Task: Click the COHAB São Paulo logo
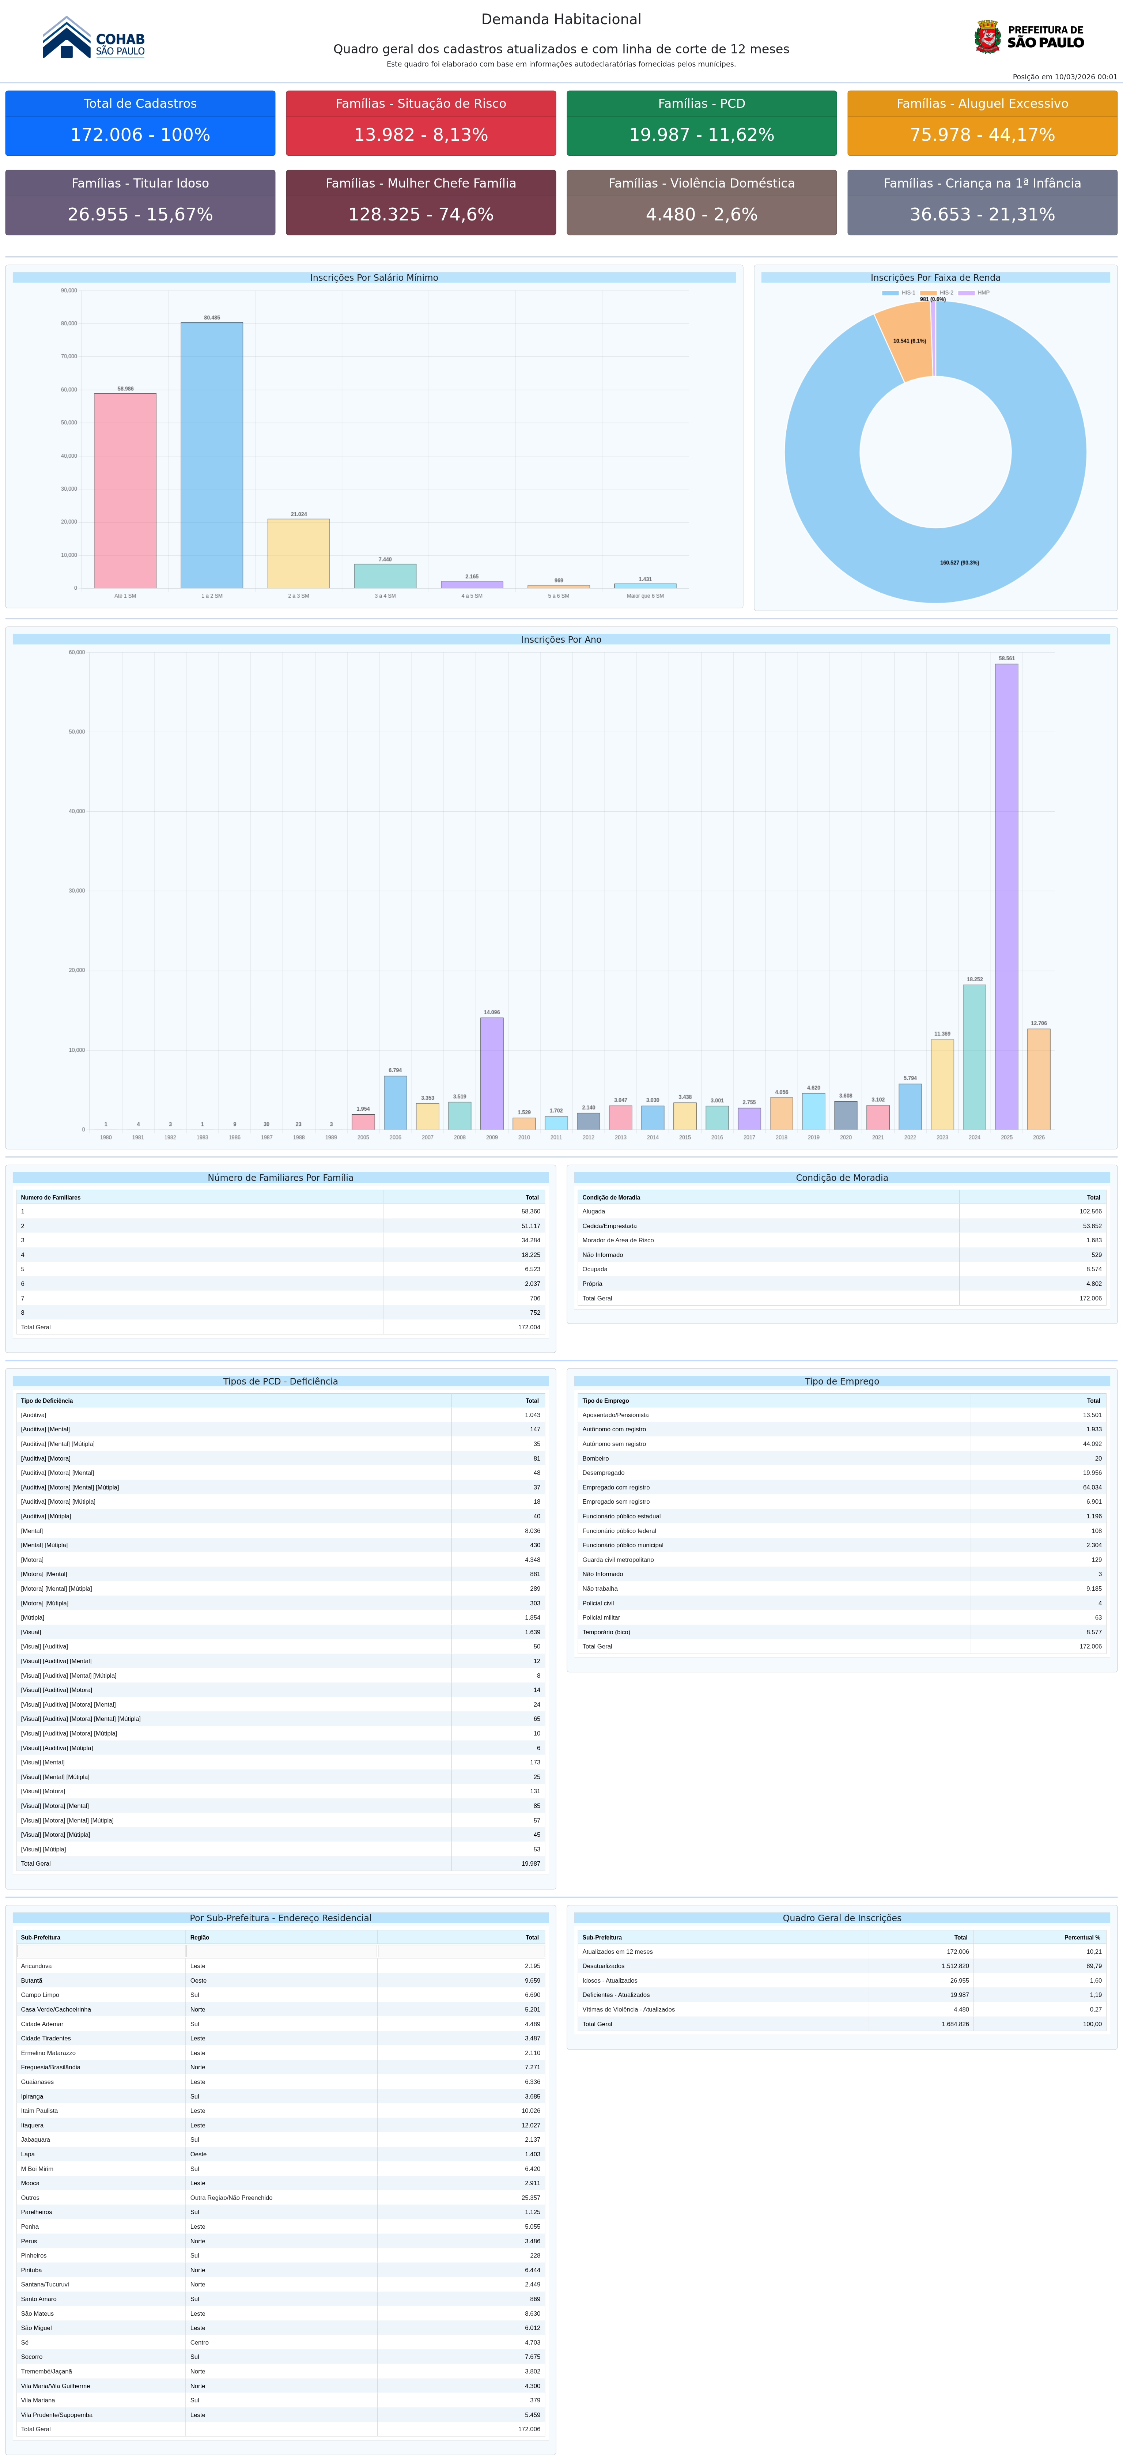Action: (94, 39)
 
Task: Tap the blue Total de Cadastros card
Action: (140, 123)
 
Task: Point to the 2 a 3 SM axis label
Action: (298, 596)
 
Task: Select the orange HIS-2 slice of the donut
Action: (905, 341)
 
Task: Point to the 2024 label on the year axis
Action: (974, 1137)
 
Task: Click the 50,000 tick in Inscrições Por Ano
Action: (76, 732)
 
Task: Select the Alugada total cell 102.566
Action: (1090, 1211)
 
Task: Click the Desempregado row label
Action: (604, 1472)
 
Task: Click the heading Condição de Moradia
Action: (842, 1178)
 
